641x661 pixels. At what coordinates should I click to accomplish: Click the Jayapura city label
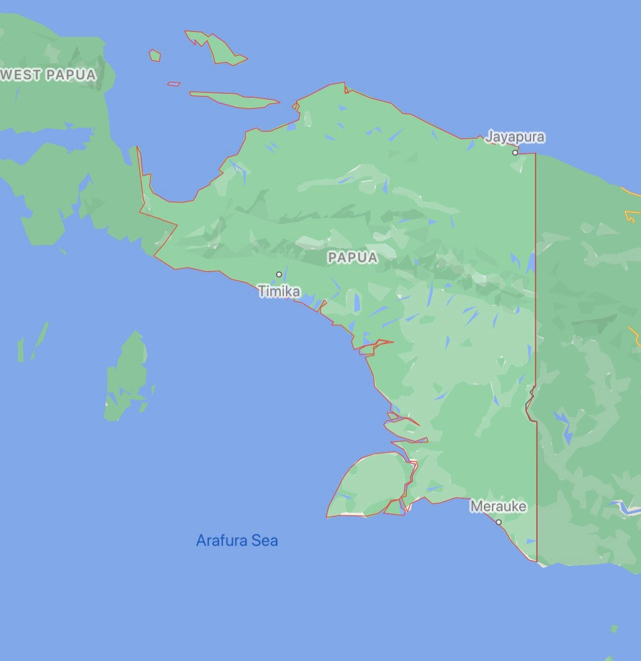pos(515,137)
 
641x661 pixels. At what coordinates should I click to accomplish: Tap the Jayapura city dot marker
pos(515,153)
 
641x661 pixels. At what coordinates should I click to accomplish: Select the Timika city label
pos(279,291)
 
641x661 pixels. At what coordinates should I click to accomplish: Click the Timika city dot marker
pos(279,274)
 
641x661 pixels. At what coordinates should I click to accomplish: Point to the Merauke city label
pos(498,506)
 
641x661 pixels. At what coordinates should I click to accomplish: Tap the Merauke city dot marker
pos(499,522)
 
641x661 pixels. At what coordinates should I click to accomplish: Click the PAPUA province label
pos(352,257)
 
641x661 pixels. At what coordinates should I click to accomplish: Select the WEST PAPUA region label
pos(48,75)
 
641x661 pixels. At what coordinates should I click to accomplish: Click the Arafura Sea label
pos(237,540)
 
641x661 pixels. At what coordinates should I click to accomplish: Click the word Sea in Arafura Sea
pos(265,540)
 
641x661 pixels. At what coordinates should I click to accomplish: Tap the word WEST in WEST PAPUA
pos(21,75)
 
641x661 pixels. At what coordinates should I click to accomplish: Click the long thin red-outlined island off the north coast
pos(235,99)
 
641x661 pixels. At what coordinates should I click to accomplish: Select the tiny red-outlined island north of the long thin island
pos(174,84)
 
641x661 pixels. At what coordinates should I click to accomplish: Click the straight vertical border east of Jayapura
pos(536,249)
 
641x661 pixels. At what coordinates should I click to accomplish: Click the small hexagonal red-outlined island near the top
pos(155,55)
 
